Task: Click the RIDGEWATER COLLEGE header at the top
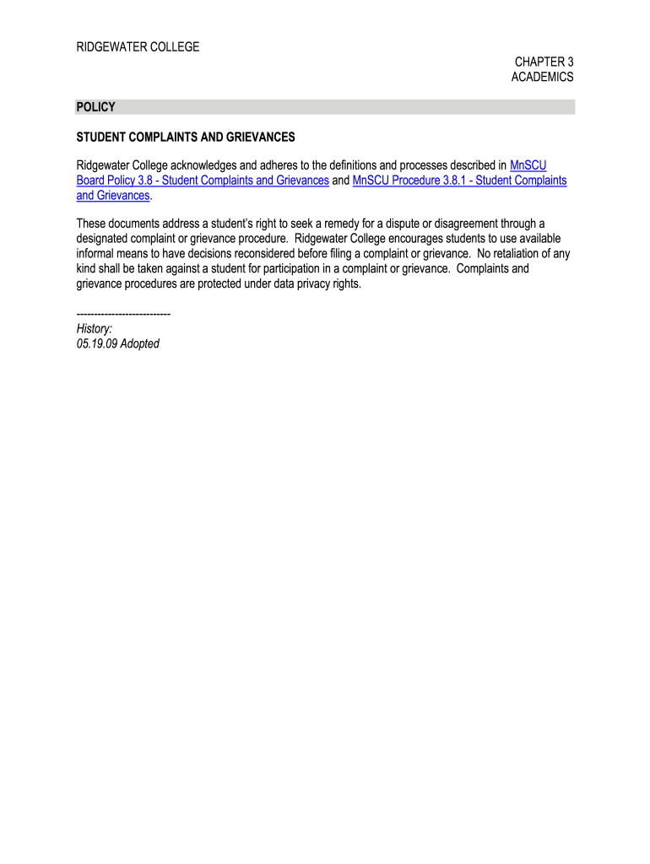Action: tap(138, 47)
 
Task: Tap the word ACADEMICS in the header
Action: tap(542, 77)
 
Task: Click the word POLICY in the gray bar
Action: tap(95, 107)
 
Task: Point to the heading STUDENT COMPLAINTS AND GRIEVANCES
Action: tap(186, 137)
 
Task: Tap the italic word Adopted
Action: tap(139, 343)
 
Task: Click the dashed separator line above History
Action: tap(123, 314)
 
